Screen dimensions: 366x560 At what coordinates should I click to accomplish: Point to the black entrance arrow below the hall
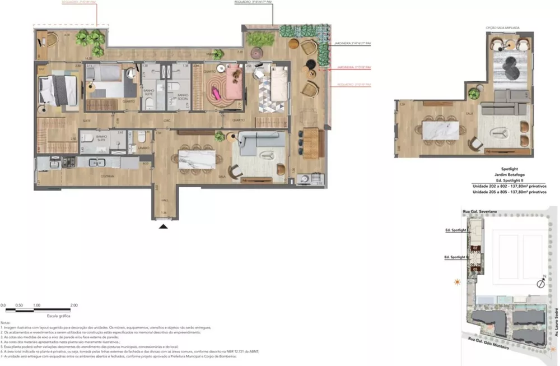pyautogui.click(x=163, y=226)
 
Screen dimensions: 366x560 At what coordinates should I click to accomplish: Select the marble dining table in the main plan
pyautogui.click(x=197, y=159)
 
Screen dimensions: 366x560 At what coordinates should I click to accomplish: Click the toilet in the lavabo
pyautogui.click(x=141, y=138)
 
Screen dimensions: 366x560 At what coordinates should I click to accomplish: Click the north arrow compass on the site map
pyautogui.click(x=541, y=282)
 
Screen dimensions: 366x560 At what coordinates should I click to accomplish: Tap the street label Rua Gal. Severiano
pyautogui.click(x=480, y=211)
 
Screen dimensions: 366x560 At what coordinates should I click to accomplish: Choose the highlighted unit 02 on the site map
pyautogui.click(x=475, y=247)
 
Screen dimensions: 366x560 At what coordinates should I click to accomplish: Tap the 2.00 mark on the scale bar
pyautogui.click(x=74, y=305)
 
